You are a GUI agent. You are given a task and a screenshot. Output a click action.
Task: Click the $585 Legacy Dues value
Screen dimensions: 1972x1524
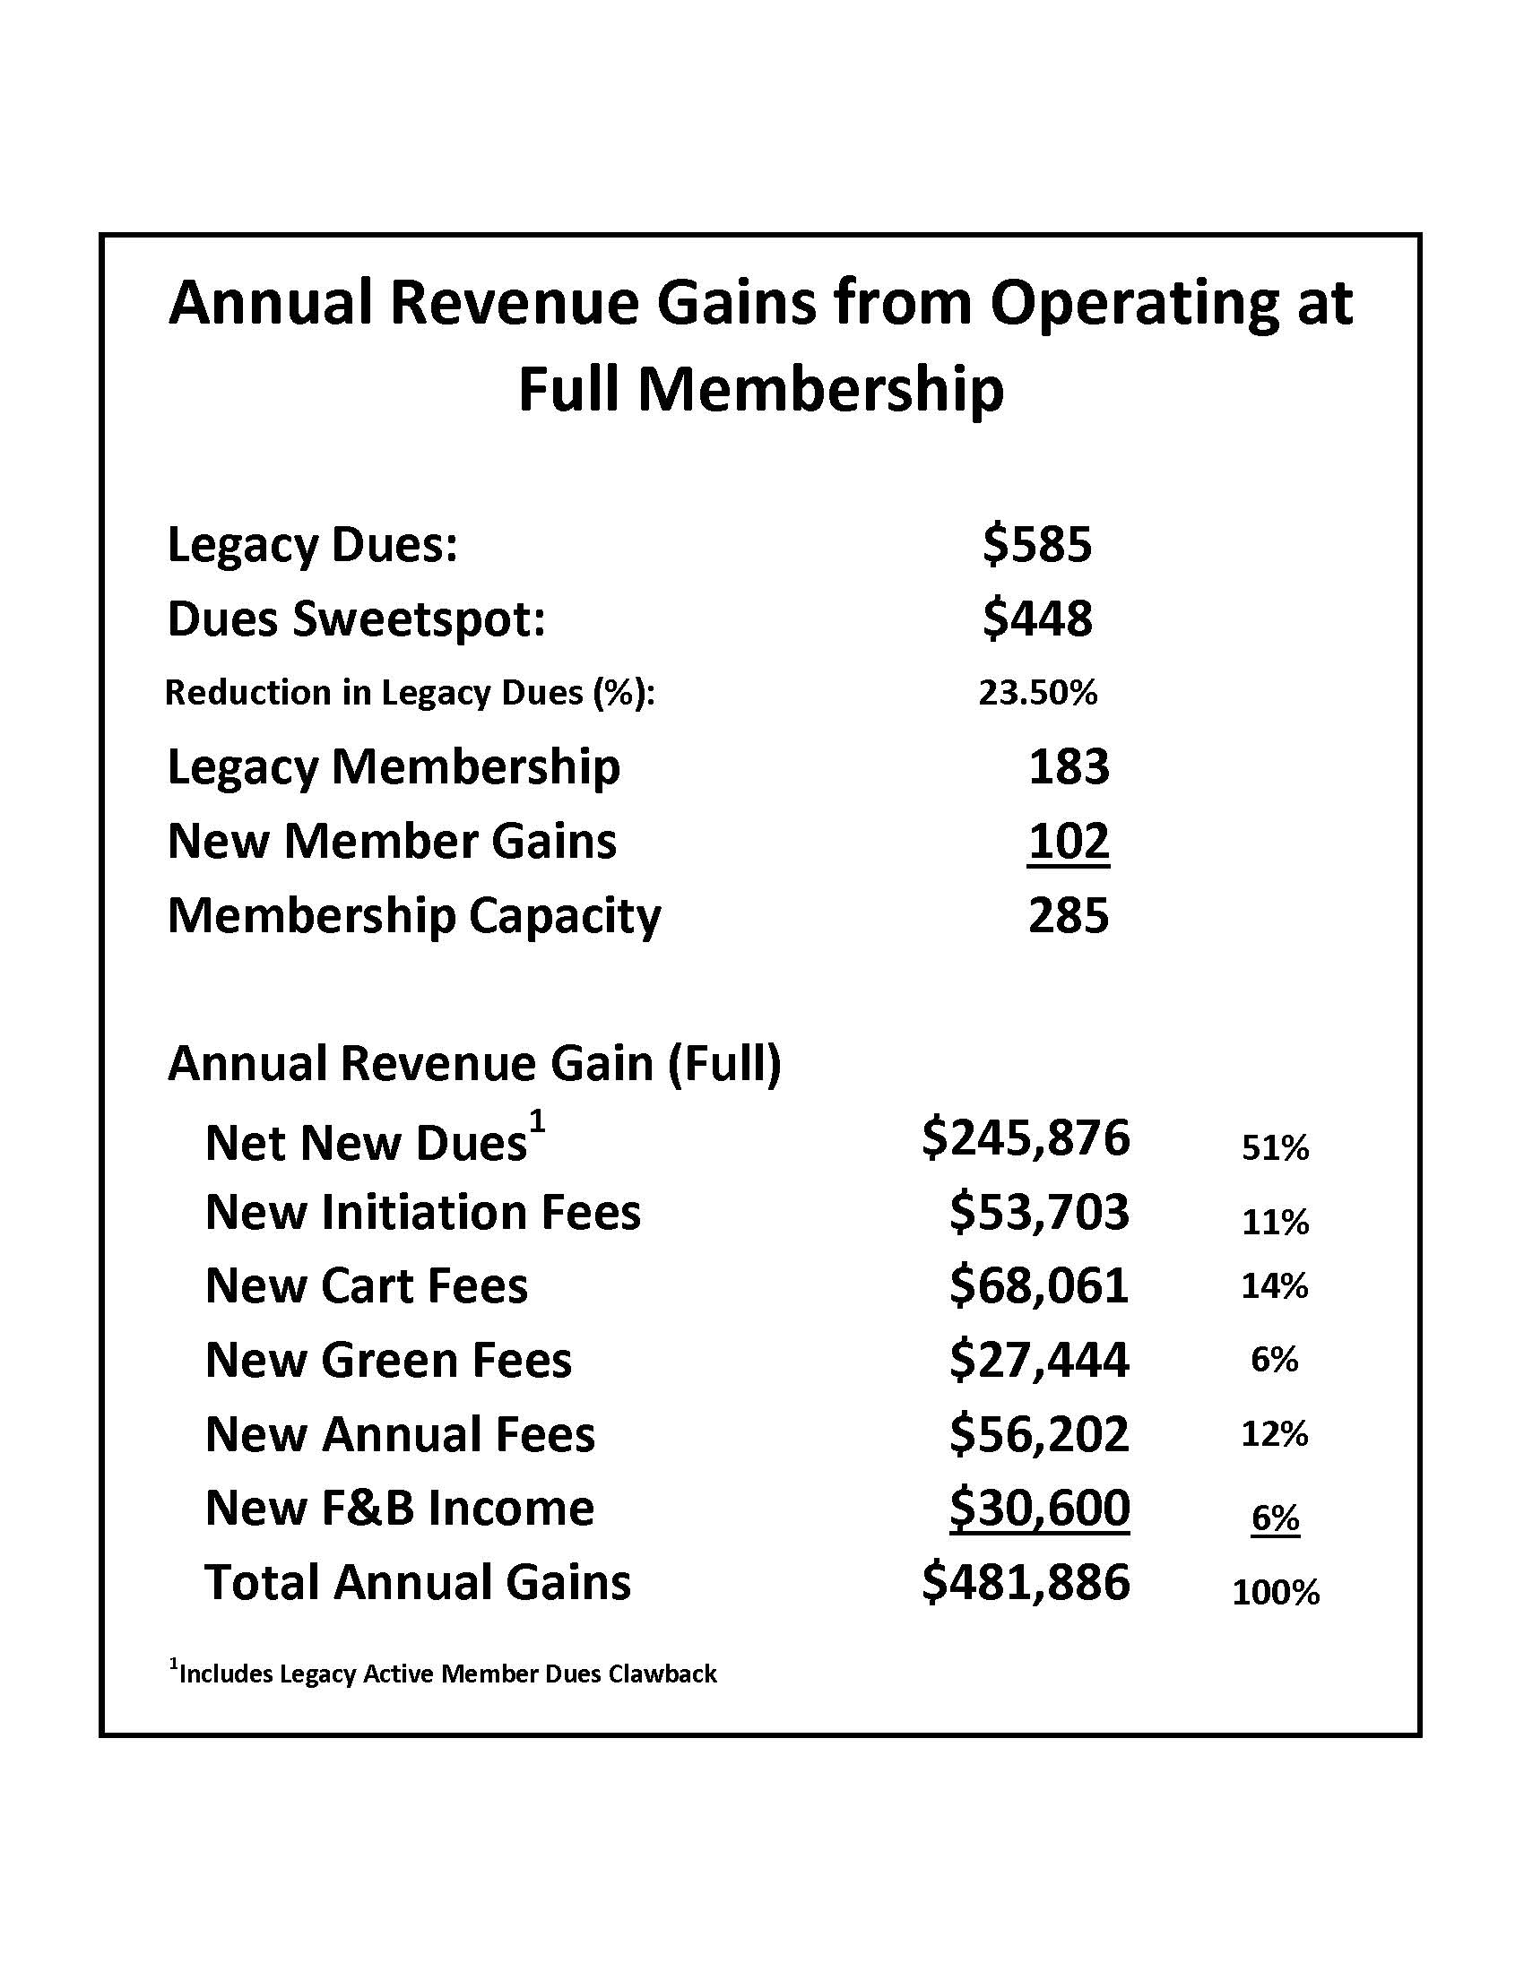(1037, 544)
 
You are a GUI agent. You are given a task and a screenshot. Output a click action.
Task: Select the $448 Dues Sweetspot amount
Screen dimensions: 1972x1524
(1037, 618)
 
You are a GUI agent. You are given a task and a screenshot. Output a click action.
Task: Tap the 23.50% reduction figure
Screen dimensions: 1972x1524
(1037, 693)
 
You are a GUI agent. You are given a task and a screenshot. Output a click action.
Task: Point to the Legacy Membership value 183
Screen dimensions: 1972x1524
(1068, 766)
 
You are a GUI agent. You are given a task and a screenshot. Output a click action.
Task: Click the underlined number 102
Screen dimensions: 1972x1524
(1068, 841)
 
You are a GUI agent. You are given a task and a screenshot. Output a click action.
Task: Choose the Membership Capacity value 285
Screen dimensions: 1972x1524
(1068, 914)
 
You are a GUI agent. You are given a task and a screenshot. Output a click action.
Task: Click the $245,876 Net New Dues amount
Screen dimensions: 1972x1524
(1026, 1137)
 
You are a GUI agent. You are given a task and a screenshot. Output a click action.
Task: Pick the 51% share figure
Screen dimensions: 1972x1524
(1275, 1147)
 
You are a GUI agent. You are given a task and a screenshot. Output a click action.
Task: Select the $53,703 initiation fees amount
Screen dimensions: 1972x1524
(1039, 1212)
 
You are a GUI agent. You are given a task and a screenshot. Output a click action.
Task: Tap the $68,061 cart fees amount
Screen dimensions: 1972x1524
(1039, 1285)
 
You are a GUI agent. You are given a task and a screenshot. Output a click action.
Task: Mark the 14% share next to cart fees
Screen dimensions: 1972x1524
(1275, 1285)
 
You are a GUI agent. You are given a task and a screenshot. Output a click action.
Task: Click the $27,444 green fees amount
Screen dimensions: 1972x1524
(1039, 1360)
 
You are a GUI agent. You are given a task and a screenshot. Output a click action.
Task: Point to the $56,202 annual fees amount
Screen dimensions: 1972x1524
(1039, 1434)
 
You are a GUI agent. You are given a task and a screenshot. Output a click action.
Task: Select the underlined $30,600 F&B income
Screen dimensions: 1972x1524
(1039, 1508)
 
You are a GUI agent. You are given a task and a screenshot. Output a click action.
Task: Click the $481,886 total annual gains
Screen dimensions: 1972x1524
(1026, 1582)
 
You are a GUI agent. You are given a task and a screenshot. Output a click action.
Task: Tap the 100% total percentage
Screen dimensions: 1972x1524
(1276, 1592)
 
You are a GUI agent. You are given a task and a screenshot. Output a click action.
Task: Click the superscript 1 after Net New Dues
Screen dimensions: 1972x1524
(537, 1121)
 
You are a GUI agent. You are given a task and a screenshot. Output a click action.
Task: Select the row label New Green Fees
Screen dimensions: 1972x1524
(388, 1360)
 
